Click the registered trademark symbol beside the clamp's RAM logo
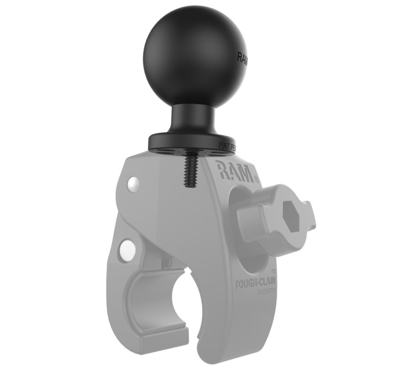point(256,179)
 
